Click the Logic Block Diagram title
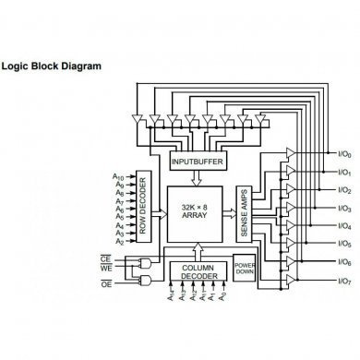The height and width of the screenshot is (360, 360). tap(64, 66)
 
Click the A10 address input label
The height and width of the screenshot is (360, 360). tap(118, 175)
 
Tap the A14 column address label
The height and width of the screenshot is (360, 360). tap(171, 298)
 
